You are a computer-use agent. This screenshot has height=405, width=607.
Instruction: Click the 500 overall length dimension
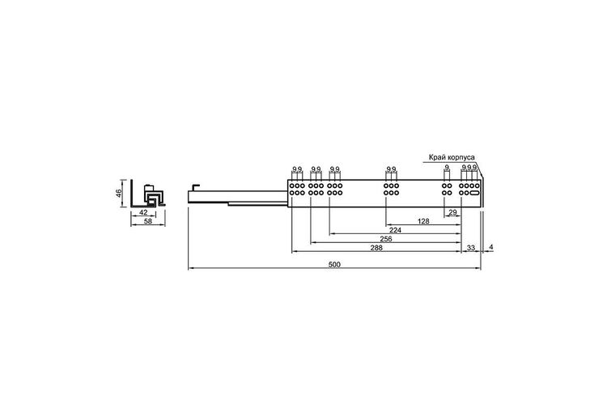tap(334, 265)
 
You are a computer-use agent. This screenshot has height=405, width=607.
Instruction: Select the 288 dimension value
tap(376, 248)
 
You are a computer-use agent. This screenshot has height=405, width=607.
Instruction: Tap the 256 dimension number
tap(385, 239)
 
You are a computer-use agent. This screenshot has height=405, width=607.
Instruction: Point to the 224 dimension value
tap(395, 230)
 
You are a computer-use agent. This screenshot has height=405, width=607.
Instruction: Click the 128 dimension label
tap(423, 221)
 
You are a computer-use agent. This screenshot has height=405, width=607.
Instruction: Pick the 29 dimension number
tap(452, 212)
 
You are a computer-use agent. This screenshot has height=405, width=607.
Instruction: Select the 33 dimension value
tap(471, 248)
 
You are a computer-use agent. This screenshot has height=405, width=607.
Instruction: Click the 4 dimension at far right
tap(491, 247)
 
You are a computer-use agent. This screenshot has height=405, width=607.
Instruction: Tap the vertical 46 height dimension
tap(119, 193)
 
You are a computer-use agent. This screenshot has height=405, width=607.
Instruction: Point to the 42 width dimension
tap(143, 212)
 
